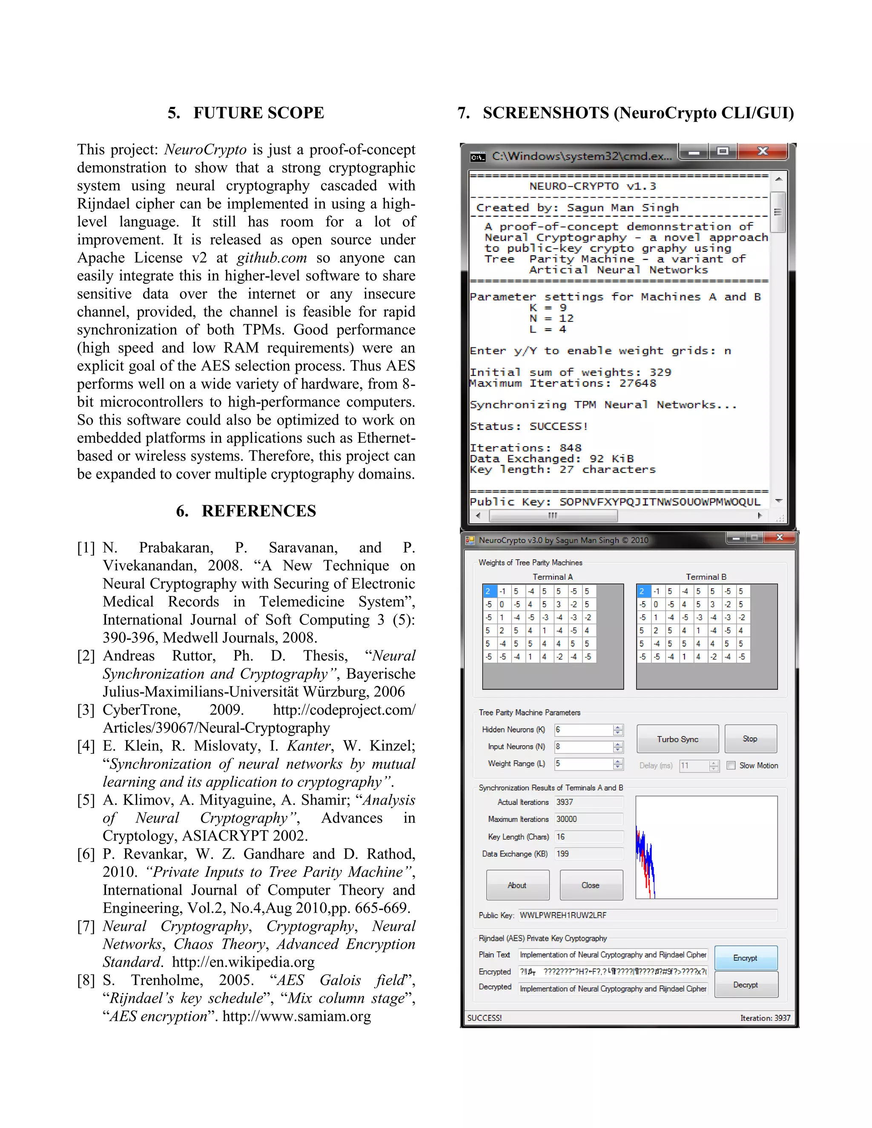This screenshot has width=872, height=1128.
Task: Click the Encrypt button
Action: [x=746, y=958]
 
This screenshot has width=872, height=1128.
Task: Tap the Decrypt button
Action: [x=746, y=985]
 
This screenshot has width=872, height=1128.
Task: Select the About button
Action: [x=517, y=885]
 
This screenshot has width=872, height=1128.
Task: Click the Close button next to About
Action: [x=591, y=885]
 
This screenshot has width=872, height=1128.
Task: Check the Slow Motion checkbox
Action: [x=731, y=765]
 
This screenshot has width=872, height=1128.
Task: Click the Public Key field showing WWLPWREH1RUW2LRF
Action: [x=646, y=915]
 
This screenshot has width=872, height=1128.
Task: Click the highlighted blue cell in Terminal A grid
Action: [x=489, y=591]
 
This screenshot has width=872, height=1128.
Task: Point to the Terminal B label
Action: [x=706, y=577]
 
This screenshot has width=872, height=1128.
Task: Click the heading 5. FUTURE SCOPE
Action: [x=246, y=113]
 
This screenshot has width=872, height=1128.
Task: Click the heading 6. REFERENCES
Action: [x=246, y=511]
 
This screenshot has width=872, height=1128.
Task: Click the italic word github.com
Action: [x=272, y=258]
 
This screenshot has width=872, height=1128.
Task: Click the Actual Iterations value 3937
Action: [x=565, y=802]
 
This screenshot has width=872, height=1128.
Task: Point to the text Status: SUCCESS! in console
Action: [x=528, y=427]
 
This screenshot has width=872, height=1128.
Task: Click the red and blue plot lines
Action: [x=645, y=862]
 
